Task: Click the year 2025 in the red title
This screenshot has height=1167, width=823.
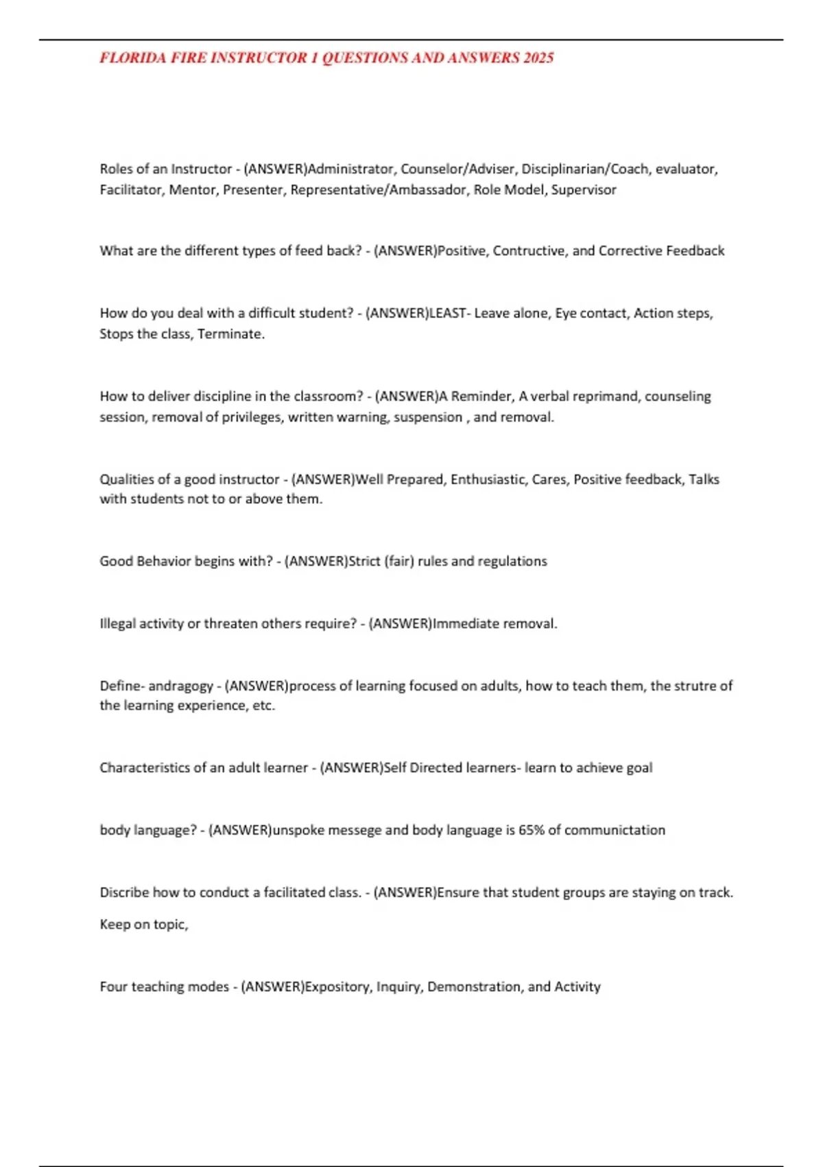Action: click(538, 58)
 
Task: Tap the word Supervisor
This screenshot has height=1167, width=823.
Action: click(584, 189)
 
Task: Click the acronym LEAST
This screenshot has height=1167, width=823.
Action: click(447, 313)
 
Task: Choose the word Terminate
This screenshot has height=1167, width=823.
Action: click(231, 334)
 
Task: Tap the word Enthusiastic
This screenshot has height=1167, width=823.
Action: click(488, 479)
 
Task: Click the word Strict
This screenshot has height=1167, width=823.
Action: click(364, 561)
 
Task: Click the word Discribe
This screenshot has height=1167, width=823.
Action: click(124, 892)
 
